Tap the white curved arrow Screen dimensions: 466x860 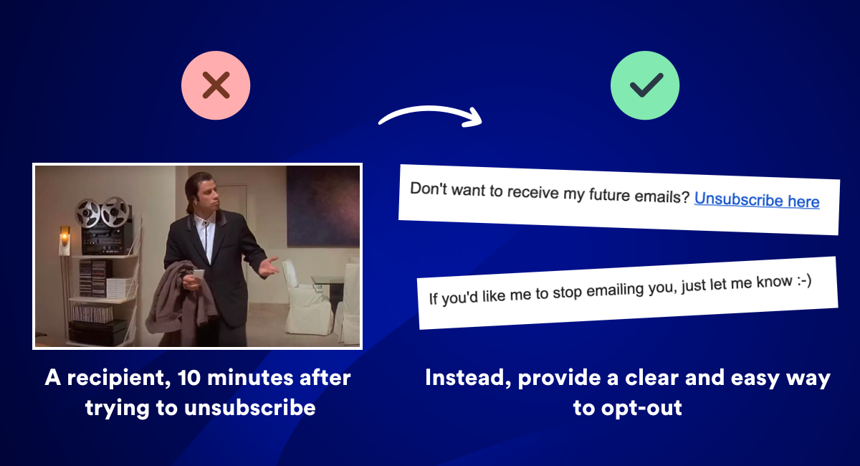[430, 115]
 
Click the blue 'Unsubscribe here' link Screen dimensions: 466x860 [756, 200]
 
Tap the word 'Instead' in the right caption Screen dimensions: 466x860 [467, 378]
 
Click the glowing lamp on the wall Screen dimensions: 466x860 [64, 235]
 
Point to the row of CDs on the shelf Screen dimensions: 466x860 [92, 313]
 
